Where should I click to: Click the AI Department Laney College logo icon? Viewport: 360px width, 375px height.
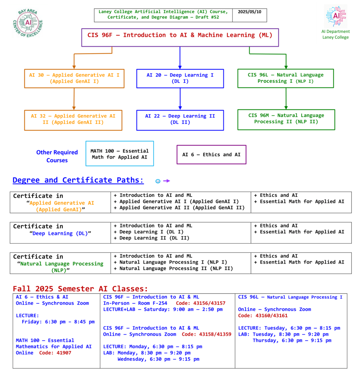(335, 16)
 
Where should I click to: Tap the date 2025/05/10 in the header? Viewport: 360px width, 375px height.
(250, 12)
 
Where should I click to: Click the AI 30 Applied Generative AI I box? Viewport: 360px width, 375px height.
(74, 78)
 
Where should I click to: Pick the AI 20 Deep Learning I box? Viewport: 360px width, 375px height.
(180, 78)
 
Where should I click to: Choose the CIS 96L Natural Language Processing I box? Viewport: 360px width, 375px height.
(286, 78)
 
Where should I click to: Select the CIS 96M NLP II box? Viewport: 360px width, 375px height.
(286, 119)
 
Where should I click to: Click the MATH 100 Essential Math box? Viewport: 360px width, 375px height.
(120, 154)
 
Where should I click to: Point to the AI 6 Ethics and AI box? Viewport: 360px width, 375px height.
(211, 155)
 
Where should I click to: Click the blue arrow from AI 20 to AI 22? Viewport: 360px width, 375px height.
(180, 99)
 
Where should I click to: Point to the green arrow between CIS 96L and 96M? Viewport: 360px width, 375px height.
(286, 99)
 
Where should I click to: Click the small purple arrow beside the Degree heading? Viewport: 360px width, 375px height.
(167, 181)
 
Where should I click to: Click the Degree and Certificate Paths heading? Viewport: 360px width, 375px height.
(78, 180)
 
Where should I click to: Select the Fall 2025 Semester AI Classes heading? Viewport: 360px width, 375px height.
(80, 289)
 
